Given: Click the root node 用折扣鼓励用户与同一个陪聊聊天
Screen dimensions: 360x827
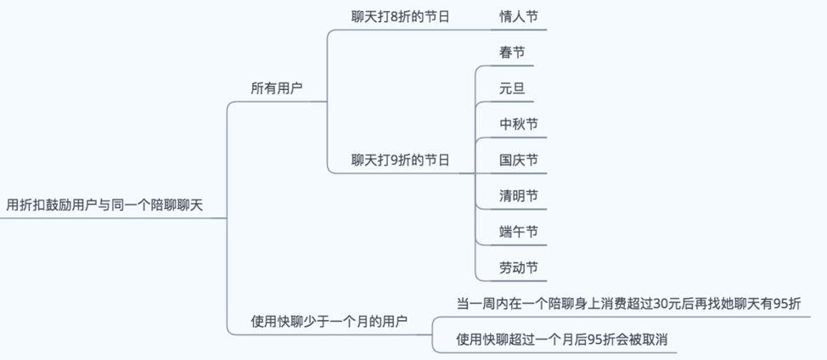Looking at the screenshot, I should tap(104, 205).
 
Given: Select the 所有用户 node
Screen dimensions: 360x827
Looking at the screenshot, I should tap(276, 88).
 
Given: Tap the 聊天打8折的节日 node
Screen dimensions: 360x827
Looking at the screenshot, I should tap(400, 16).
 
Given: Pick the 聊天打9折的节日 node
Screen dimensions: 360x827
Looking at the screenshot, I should tap(400, 160).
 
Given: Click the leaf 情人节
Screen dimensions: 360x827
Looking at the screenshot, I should tap(519, 16).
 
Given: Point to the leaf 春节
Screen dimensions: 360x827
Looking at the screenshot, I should tap(512, 53).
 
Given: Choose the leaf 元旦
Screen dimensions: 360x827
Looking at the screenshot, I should tap(512, 88).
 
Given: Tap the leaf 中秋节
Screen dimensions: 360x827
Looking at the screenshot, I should tap(519, 124).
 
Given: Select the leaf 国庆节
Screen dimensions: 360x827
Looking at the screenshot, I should tap(519, 160).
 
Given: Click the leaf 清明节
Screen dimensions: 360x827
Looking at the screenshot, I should tap(519, 196).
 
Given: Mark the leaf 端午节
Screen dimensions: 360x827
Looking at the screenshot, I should tap(519, 232).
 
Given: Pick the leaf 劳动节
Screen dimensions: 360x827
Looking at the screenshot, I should tap(519, 267).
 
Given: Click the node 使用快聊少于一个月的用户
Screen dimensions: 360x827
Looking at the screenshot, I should tap(329, 321).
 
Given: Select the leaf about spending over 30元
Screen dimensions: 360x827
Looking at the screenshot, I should tap(628, 303).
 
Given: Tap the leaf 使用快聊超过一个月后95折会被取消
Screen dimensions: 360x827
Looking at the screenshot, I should tap(561, 340).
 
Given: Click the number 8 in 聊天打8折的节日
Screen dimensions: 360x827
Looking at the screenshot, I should tap(394, 16).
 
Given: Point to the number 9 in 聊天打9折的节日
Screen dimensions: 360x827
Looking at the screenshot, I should tap(394, 160).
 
